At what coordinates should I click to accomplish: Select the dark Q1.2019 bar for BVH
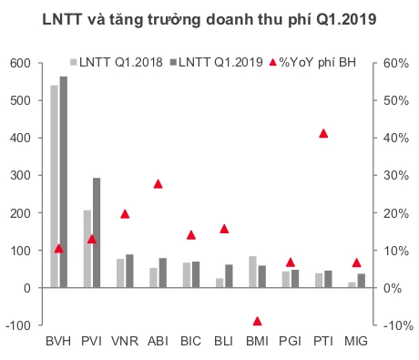(x=63, y=182)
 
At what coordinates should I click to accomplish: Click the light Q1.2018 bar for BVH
(x=54, y=187)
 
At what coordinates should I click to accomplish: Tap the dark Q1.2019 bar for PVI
(x=97, y=232)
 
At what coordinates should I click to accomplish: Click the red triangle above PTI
(x=323, y=134)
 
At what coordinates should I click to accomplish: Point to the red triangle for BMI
(x=257, y=321)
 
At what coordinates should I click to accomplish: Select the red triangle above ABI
(x=158, y=183)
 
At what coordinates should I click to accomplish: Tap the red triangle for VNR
(x=125, y=214)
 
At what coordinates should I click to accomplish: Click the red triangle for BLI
(x=224, y=229)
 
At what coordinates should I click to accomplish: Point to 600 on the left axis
(x=20, y=63)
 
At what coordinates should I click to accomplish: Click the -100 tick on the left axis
(x=18, y=325)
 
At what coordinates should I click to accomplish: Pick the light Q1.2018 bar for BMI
(x=252, y=273)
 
